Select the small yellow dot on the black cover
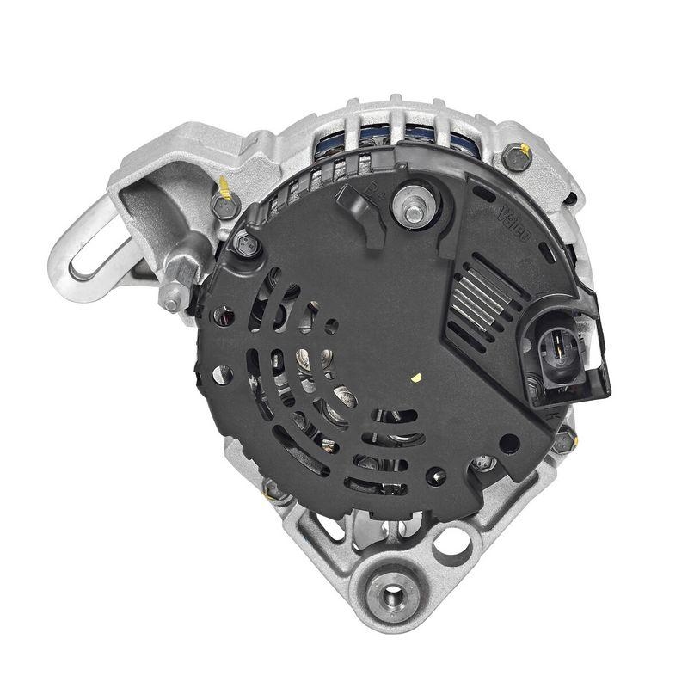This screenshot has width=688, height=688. pyautogui.click(x=415, y=376)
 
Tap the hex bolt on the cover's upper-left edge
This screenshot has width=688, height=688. pyautogui.click(x=248, y=246)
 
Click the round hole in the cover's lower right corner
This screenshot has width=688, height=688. pyautogui.click(x=509, y=444)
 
